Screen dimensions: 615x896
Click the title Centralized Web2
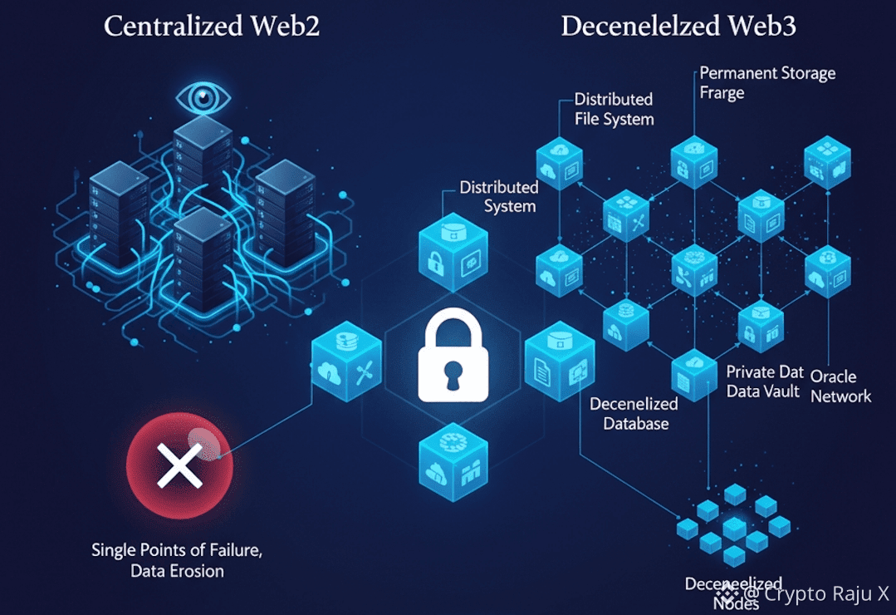pos(212,26)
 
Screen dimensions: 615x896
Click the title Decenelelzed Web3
pos(678,26)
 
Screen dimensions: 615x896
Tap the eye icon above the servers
pos(203,98)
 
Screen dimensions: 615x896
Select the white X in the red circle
pos(179,463)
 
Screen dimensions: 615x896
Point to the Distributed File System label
pos(614,109)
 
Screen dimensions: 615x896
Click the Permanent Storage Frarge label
pos(766,82)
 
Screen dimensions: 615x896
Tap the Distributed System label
pos(498,196)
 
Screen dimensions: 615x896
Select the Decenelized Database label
pos(634,413)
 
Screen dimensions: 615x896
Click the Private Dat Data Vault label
pos(764,381)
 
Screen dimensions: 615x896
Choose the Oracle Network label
pos(840,386)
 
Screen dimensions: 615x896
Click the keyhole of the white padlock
pos(452,375)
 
